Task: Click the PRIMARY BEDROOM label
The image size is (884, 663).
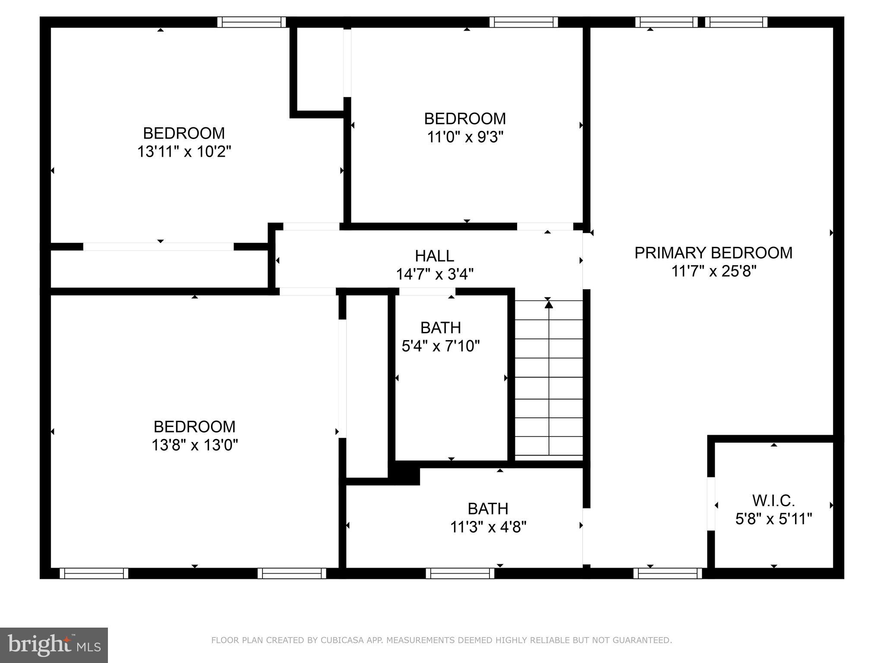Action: click(x=713, y=253)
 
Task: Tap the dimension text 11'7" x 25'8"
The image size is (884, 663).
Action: click(x=714, y=272)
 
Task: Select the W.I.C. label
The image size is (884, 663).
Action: click(x=773, y=501)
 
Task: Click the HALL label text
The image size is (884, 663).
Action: click(x=434, y=256)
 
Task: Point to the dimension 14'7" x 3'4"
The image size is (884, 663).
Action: click(x=435, y=274)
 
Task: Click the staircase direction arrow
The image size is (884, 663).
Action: click(x=549, y=305)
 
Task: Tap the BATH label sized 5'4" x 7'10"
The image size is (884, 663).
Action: click(x=441, y=328)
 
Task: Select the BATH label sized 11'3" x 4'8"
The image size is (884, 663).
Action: click(x=488, y=509)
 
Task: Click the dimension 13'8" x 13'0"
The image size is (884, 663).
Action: click(x=195, y=445)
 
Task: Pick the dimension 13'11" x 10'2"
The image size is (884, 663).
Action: click(x=184, y=152)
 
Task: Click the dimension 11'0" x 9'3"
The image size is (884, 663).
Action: click(x=465, y=137)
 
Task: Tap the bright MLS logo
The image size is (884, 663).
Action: click(x=54, y=645)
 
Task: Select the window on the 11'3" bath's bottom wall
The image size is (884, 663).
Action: click(x=460, y=573)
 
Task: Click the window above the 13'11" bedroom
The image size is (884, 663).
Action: click(x=251, y=22)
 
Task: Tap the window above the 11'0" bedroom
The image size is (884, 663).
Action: click(x=524, y=22)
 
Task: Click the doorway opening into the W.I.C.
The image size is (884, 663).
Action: click(x=710, y=503)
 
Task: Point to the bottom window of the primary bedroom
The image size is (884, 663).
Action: click(x=668, y=573)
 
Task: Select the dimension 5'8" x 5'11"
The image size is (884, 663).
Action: click(x=773, y=519)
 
